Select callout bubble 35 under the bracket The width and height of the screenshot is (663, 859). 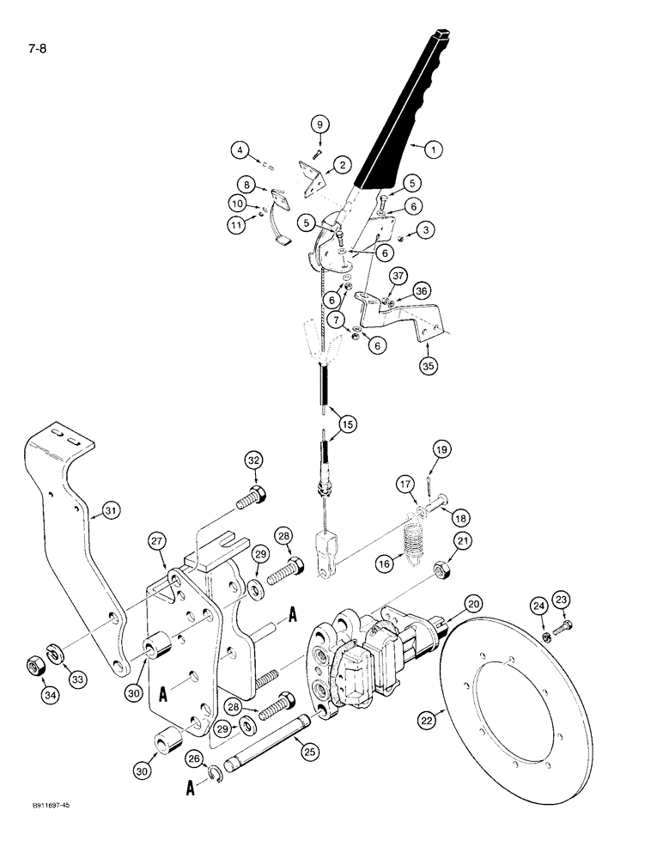pyautogui.click(x=427, y=365)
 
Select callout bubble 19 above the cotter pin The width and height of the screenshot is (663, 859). pyautogui.click(x=441, y=449)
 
